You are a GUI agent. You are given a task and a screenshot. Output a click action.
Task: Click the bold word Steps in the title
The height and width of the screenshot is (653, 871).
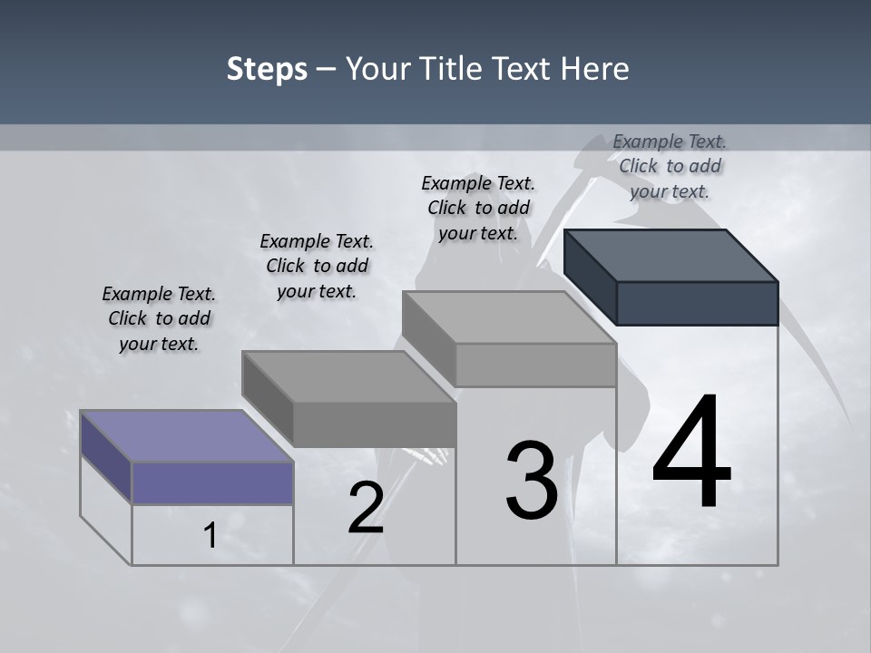point(267,69)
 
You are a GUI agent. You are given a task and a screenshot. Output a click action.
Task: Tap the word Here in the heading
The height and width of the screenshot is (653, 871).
point(593,69)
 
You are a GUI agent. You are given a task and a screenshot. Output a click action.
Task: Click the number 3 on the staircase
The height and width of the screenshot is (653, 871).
point(532,481)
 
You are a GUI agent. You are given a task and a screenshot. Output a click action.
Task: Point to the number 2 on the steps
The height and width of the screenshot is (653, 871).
point(366,508)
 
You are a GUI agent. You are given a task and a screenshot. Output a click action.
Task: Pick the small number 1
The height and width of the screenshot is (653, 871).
point(210,536)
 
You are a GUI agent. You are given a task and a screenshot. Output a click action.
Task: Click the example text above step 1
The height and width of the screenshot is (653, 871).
point(159,318)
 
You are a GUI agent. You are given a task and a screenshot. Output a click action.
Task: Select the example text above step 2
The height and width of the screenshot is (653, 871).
point(317,266)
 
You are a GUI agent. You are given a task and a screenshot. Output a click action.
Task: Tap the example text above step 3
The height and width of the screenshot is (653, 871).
point(478,208)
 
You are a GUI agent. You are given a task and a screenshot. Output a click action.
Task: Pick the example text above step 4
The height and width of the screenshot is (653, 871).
point(670,166)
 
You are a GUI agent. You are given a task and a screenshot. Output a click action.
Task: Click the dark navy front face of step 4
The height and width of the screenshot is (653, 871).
point(697,303)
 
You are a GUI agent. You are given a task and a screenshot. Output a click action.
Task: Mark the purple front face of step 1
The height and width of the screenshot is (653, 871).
point(212,482)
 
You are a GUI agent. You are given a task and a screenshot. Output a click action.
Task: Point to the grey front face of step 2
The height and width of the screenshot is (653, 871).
point(374,424)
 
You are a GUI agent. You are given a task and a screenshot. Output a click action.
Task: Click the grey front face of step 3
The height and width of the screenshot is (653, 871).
point(535,365)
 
